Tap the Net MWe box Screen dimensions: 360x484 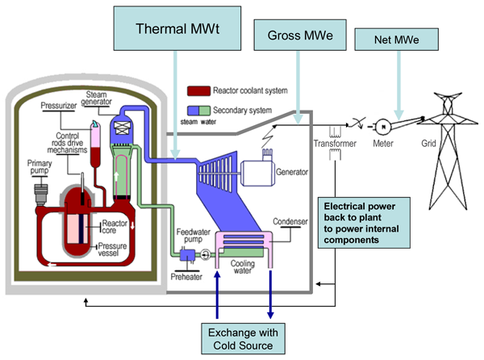point(396,38)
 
